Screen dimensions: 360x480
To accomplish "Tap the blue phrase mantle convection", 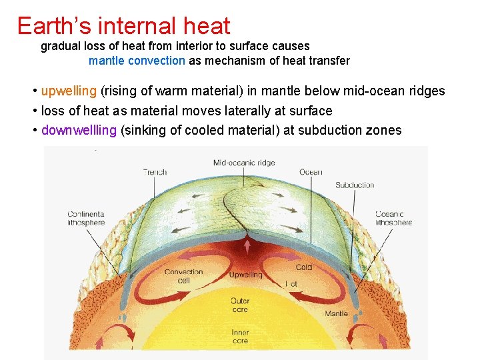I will tap(137, 61).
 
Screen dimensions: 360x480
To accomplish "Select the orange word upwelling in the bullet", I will tap(69, 91).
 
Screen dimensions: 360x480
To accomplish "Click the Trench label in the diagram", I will tap(155, 172).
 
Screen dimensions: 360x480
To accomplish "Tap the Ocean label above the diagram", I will tap(311, 172).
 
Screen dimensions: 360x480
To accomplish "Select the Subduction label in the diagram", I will tap(354, 185).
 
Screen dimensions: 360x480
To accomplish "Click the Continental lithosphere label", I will tap(86, 218).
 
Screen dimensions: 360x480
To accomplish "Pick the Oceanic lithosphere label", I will tap(393, 218).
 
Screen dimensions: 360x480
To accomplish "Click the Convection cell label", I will tap(183, 276).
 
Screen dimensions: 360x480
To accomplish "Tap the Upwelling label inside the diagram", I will tap(245, 275).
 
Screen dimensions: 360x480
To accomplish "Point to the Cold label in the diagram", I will tap(303, 267).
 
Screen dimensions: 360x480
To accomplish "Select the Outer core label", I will tap(240, 305).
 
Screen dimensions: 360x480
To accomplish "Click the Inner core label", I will tap(240, 337).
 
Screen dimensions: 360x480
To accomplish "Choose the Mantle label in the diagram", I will tap(336, 313).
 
